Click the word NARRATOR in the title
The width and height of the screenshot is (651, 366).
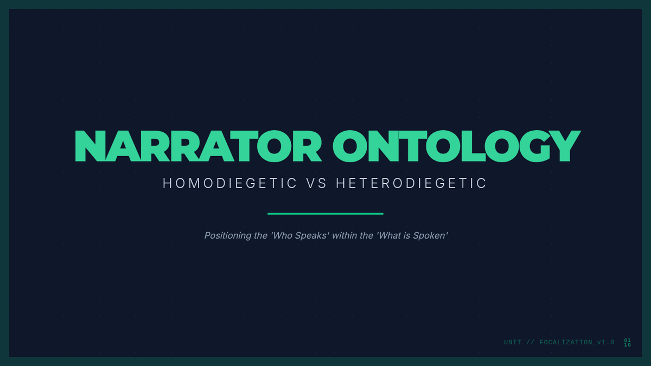(198, 146)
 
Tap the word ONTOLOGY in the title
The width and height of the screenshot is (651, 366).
(457, 146)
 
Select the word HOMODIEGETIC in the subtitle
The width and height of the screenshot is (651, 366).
(229, 183)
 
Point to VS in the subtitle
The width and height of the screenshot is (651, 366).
(316, 183)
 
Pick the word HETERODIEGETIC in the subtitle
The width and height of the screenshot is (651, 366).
(411, 183)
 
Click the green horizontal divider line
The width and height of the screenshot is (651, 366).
(325, 214)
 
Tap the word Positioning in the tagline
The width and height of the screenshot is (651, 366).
(228, 235)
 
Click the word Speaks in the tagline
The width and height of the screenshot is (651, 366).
(312, 235)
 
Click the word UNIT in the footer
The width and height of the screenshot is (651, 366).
(513, 343)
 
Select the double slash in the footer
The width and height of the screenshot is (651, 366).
(531, 343)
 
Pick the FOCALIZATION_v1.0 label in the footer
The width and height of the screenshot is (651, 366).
(577, 343)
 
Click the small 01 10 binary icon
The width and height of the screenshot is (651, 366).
(628, 343)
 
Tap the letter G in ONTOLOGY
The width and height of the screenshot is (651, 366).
(534, 146)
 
